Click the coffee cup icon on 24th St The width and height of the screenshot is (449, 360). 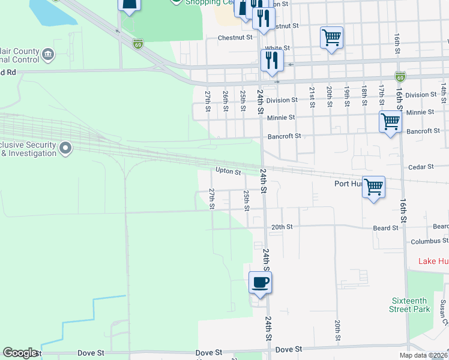(260, 282)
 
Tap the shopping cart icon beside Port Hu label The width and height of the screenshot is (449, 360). (373, 187)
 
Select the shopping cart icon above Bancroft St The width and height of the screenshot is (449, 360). (390, 122)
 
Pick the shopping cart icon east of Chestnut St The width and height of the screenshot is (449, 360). (331, 38)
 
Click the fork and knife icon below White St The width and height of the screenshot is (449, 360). (272, 60)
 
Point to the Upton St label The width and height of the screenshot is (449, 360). (228, 172)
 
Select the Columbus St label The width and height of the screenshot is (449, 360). (429, 241)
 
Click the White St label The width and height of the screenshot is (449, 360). (277, 48)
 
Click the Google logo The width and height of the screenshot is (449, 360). (20, 353)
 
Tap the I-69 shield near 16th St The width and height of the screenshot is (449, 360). (400, 76)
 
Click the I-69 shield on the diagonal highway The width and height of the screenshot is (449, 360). (138, 44)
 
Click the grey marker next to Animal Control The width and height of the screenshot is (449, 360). (47, 55)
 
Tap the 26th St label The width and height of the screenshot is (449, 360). (225, 97)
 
